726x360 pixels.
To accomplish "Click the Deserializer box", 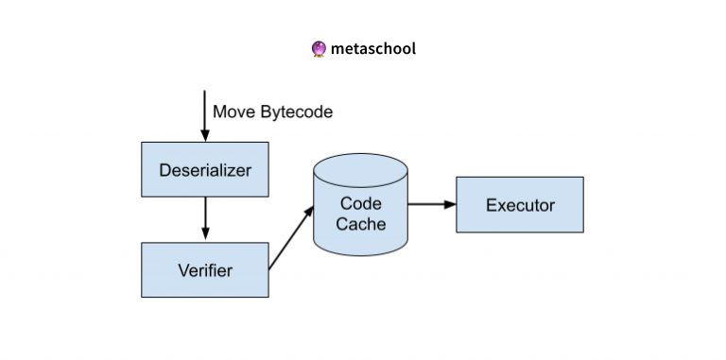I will pos(204,171).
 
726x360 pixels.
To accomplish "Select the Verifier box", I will pos(204,269).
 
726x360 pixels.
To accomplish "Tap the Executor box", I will pos(519,204).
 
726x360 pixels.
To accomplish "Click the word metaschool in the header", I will pos(372,48).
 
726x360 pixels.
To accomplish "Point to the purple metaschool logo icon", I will pos(319,48).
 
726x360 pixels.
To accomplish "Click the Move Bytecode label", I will pos(272,112).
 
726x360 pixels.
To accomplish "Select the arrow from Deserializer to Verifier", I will pos(205,220).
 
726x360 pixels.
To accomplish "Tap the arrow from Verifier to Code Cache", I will pos(291,238).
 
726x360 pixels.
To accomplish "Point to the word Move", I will pos(233,112).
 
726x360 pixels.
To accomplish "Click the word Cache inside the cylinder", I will pos(362,224).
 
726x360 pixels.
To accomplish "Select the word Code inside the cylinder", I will pos(362,202).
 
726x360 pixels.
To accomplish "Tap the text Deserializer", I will pos(204,171).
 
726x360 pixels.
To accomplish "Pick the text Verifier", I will pos(204,270).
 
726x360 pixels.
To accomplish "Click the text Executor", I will pos(519,205).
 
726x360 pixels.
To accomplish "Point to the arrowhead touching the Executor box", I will pos(450,204).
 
